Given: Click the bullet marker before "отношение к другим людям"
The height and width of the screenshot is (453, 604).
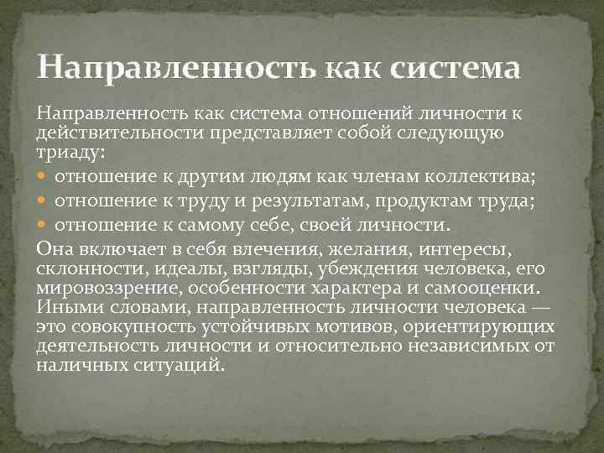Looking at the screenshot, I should [44, 175].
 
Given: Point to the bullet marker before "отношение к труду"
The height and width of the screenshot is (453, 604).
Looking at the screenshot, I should [44, 200].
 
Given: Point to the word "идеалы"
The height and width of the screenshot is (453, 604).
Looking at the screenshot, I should [177, 268].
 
